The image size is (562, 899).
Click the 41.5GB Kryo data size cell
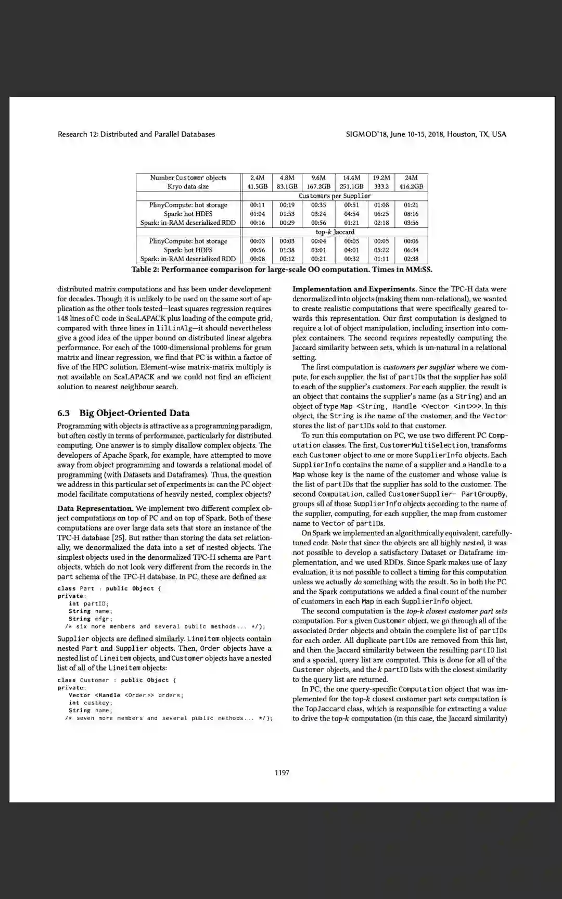(x=257, y=186)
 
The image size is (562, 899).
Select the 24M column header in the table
(x=411, y=177)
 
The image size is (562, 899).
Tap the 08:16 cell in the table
(x=411, y=214)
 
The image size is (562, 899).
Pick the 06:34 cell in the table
(x=411, y=250)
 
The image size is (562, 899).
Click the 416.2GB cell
(x=411, y=186)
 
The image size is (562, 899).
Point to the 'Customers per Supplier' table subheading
(x=335, y=196)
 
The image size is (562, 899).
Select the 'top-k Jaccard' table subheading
(x=335, y=232)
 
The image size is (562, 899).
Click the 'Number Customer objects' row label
(x=188, y=177)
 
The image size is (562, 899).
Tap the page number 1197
(x=282, y=773)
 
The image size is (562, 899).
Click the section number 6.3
(x=63, y=413)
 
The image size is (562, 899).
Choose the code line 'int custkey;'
(x=91, y=703)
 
